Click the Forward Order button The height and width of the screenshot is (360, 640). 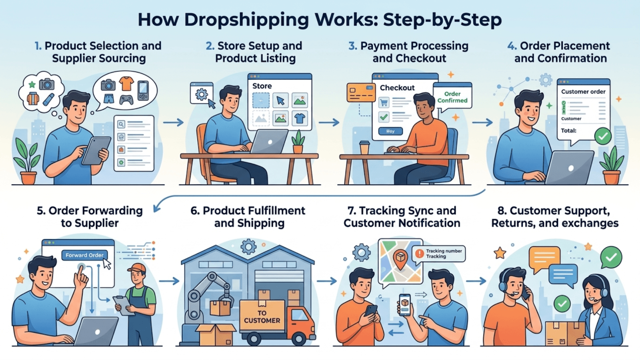(x=84, y=255)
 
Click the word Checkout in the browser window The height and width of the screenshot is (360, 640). (x=397, y=88)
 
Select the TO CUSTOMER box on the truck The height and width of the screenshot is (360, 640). (x=262, y=316)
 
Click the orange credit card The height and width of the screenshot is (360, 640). (x=361, y=92)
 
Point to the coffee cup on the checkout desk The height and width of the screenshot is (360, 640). (x=364, y=148)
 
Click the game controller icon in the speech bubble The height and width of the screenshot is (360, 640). (x=126, y=100)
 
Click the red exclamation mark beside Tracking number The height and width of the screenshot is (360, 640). (x=420, y=254)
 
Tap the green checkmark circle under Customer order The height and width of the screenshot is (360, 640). (x=603, y=136)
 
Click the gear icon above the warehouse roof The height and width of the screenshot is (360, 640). (x=248, y=246)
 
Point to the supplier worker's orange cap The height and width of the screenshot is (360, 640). (x=137, y=268)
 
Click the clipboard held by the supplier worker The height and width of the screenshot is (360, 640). (x=124, y=305)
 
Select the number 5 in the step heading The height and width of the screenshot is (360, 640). (x=41, y=211)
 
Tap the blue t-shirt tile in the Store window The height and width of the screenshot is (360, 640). (x=300, y=118)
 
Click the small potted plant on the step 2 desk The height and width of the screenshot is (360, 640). (x=298, y=142)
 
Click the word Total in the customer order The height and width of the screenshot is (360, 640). (x=568, y=131)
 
